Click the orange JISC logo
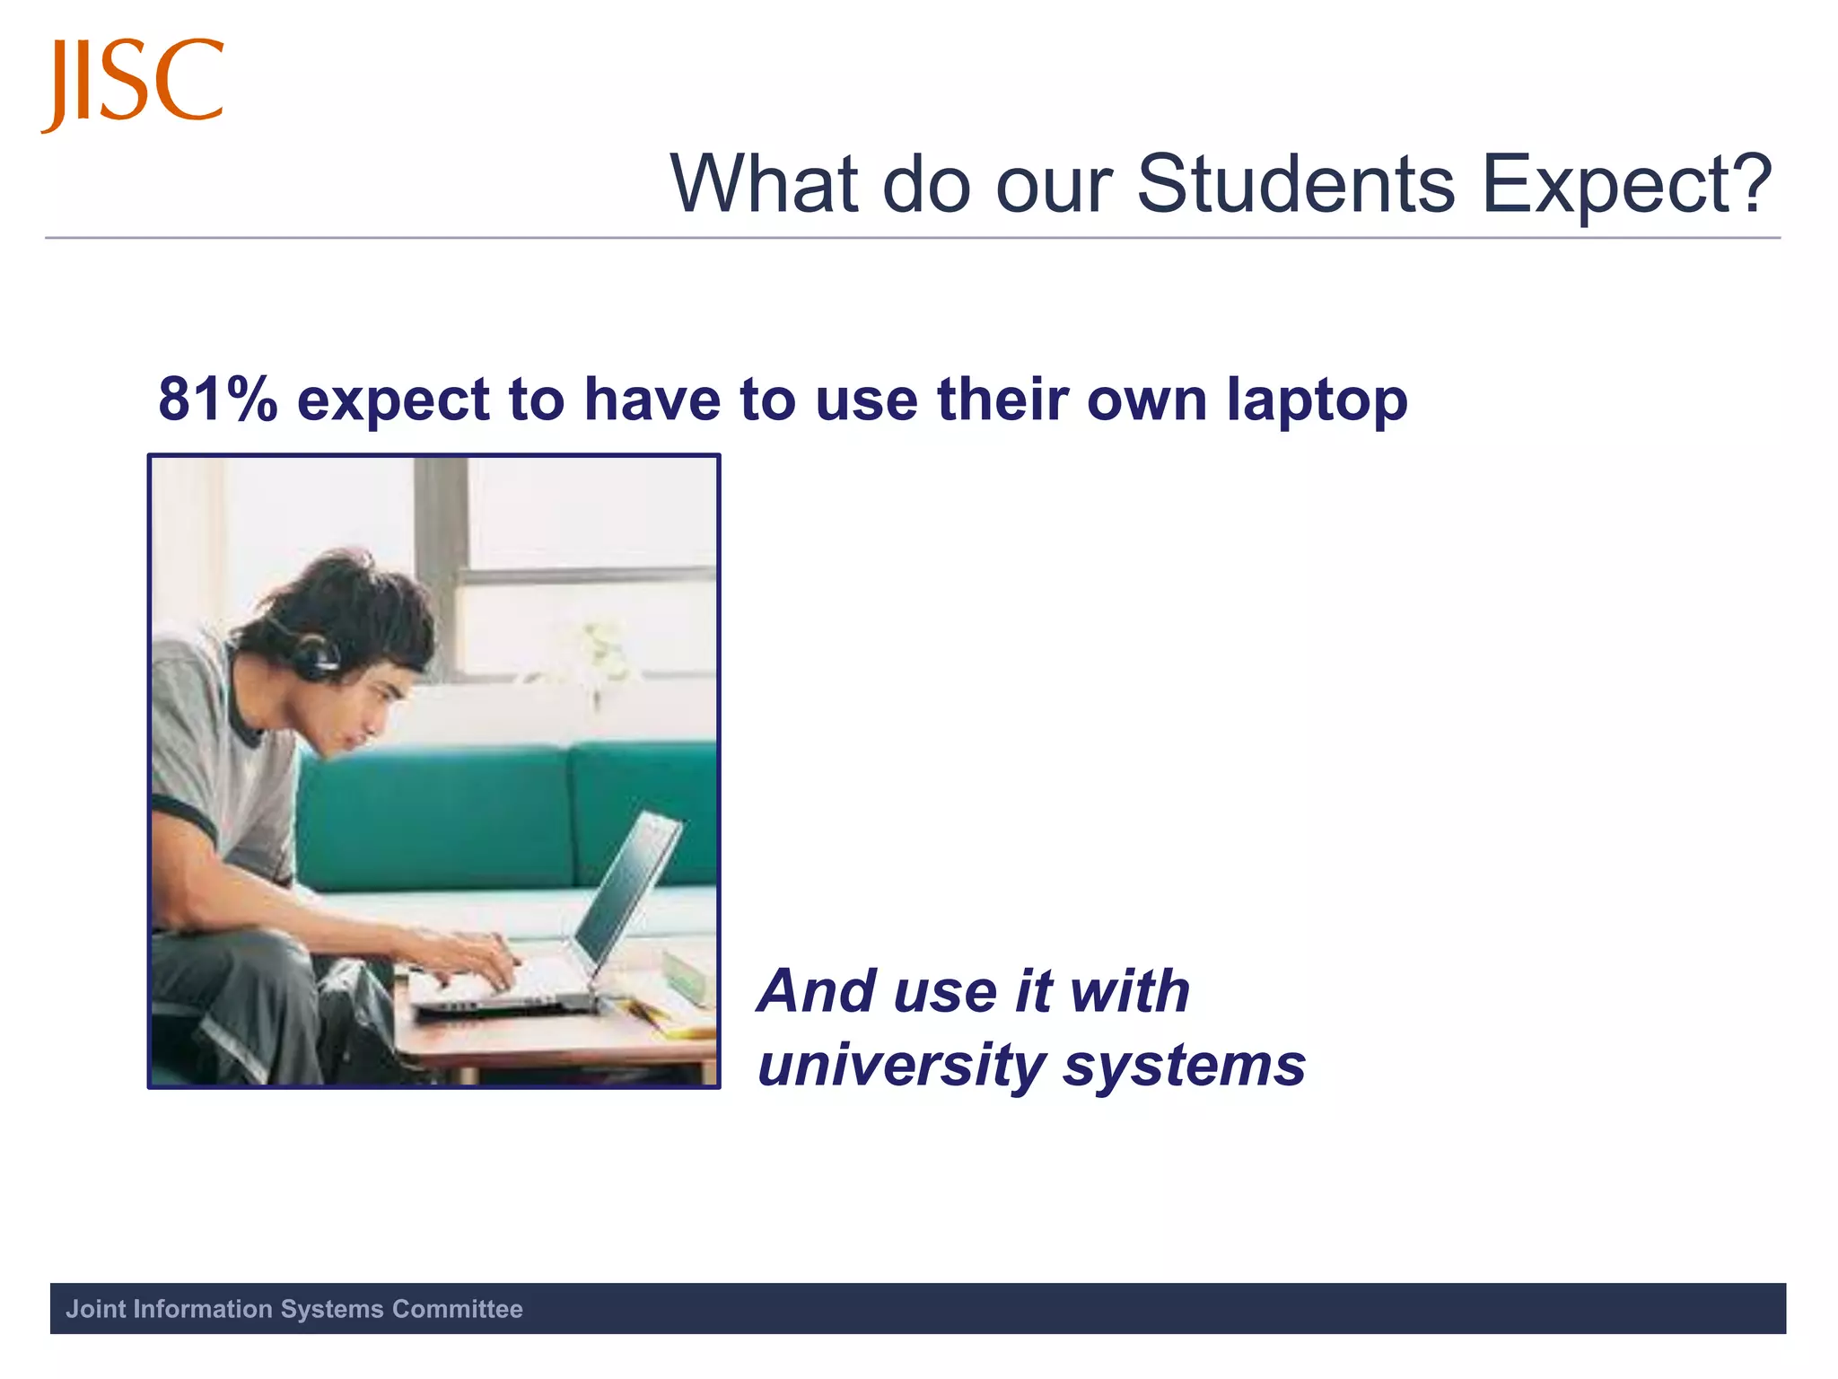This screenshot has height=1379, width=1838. (132, 83)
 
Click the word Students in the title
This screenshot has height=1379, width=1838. (1295, 184)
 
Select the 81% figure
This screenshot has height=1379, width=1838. (217, 399)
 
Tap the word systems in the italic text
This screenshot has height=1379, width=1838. (1184, 1067)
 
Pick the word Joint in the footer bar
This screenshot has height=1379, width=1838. (95, 1309)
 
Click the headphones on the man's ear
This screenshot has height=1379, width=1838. (314, 655)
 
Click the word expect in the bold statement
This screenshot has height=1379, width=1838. (393, 400)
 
